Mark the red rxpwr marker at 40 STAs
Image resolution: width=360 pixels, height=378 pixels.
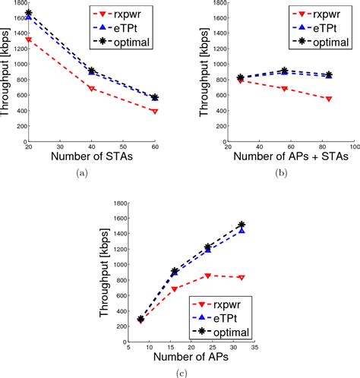[92, 89]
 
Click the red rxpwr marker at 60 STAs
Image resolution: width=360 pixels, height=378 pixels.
[154, 112]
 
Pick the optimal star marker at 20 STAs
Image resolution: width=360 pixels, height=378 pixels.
[29, 13]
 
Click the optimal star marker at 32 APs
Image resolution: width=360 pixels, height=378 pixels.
[242, 225]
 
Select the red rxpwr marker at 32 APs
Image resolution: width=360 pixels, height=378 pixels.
[242, 278]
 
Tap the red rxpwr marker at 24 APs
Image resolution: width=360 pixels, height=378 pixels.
[208, 276]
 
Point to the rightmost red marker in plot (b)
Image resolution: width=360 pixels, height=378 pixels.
[329, 99]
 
